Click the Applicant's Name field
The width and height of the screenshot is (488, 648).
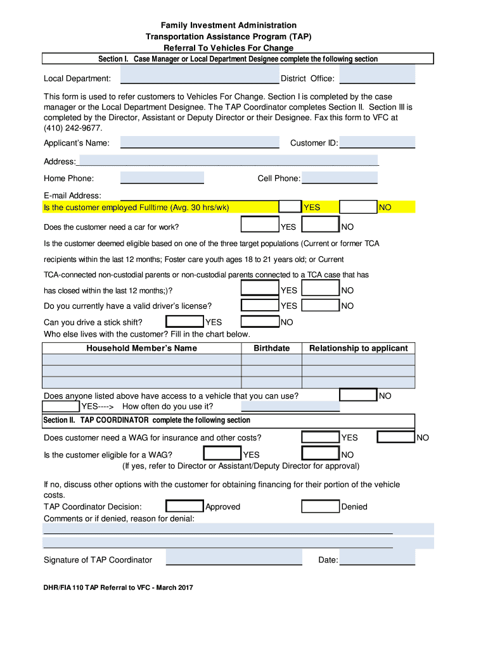(x=200, y=142)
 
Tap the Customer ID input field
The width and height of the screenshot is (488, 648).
(x=377, y=142)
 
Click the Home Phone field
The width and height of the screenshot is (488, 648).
(x=162, y=178)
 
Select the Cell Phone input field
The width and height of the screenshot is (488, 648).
(x=339, y=178)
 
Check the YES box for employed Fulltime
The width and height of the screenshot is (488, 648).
(x=290, y=207)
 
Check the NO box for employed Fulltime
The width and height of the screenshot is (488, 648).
(x=358, y=207)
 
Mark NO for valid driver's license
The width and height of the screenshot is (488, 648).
(x=320, y=306)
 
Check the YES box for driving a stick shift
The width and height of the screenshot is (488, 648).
(x=184, y=322)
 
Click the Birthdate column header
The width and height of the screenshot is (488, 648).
(x=271, y=348)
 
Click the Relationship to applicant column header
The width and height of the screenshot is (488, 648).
(x=359, y=348)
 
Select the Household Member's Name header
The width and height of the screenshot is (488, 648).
(x=141, y=348)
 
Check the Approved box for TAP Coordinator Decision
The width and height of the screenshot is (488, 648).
(x=184, y=506)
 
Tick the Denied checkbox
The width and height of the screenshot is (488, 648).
(x=320, y=506)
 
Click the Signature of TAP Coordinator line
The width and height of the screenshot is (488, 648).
(x=234, y=559)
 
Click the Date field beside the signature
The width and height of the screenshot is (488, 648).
(x=377, y=559)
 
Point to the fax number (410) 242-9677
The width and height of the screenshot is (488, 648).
(x=73, y=127)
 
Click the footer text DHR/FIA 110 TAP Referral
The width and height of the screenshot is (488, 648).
(x=118, y=587)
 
